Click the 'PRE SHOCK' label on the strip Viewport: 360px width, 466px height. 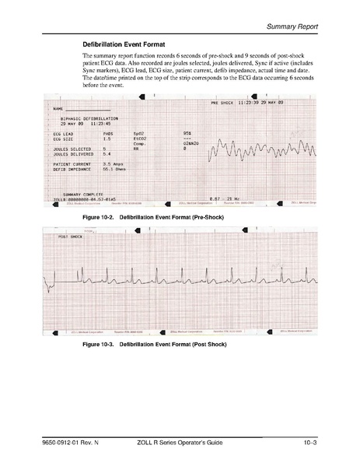point(224,103)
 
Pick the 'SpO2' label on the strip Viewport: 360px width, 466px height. point(138,134)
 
